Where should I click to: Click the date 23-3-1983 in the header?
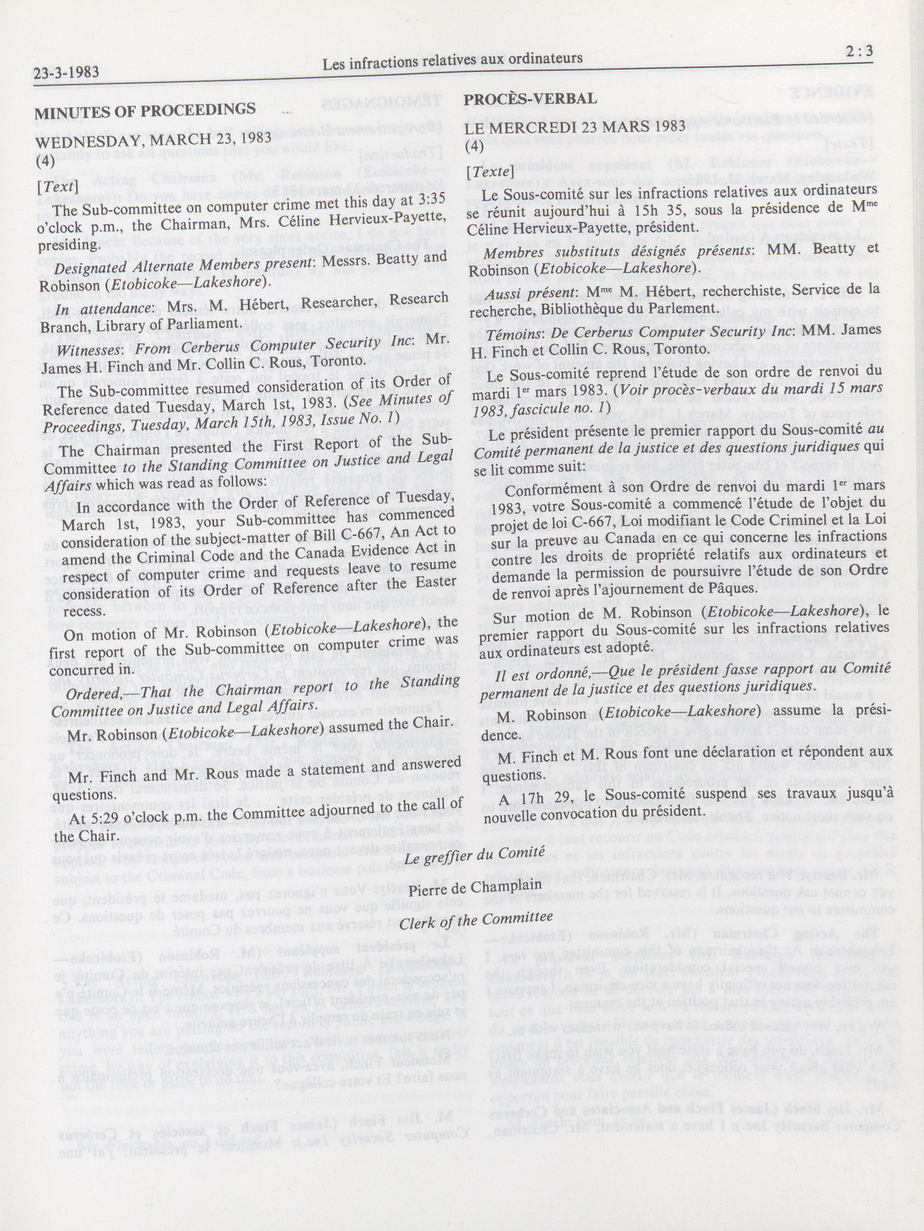(x=67, y=72)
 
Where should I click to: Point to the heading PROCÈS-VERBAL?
(x=530, y=99)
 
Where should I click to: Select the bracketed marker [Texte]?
(x=489, y=171)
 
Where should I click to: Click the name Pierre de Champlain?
(x=475, y=886)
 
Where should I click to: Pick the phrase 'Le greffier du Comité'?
(x=474, y=856)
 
